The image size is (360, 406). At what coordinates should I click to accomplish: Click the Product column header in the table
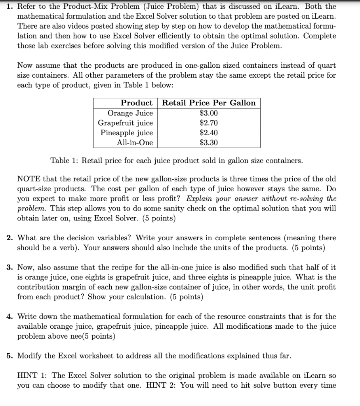136,103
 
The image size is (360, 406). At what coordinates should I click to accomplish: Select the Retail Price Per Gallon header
209,103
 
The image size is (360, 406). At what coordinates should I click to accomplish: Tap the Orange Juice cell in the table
130,113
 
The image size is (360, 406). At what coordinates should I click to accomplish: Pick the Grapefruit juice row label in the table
125,123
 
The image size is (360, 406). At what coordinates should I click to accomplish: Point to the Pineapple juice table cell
126,133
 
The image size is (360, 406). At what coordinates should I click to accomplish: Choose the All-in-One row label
135,143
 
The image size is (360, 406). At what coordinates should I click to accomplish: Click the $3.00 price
209,113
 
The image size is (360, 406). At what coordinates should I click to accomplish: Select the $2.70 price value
209,123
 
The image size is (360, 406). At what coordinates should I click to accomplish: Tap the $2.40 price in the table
209,133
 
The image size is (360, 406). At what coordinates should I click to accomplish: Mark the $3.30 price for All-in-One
209,143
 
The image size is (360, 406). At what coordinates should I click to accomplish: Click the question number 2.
10,238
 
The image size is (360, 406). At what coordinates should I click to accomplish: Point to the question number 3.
10,268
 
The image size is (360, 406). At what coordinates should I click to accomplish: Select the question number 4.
10,317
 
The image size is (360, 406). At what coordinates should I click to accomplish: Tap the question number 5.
10,356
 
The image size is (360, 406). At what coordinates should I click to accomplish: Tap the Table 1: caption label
65,161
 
